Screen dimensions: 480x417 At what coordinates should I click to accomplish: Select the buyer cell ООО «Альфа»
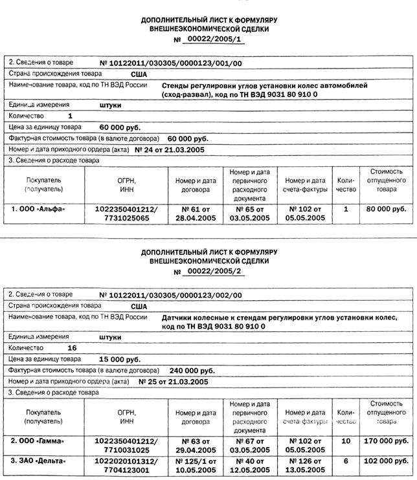[39, 210]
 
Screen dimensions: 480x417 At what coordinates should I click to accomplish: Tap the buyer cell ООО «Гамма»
[39, 441]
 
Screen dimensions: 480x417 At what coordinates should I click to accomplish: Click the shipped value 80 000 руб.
[386, 210]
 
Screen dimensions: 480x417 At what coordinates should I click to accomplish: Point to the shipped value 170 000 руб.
[386, 441]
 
